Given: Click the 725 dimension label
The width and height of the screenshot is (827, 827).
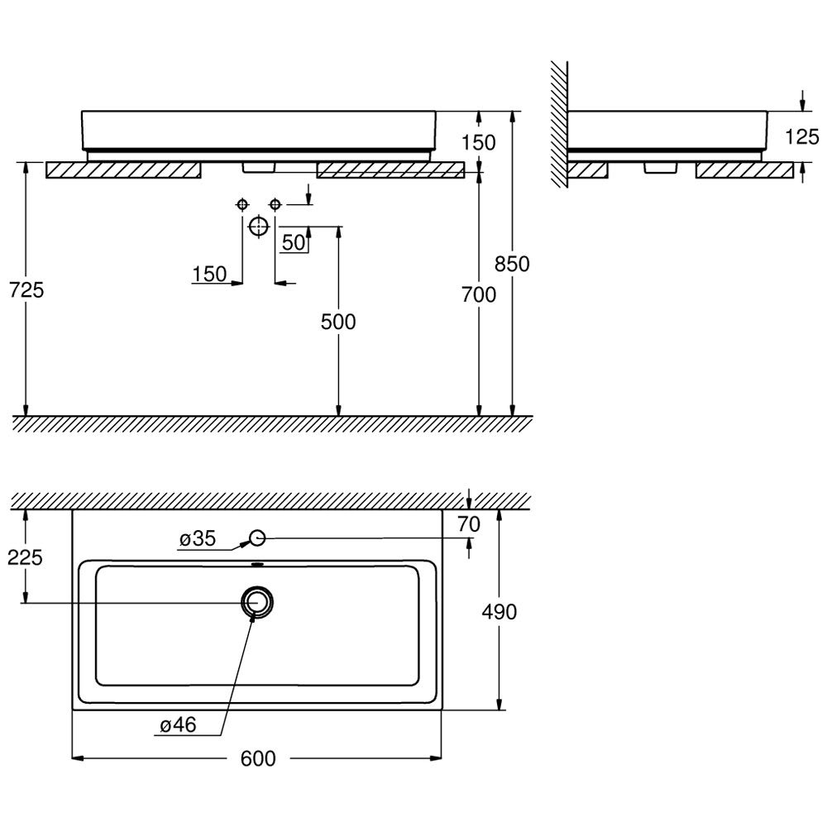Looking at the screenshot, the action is point(26,290).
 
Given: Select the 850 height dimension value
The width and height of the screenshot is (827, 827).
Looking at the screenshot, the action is point(512,264).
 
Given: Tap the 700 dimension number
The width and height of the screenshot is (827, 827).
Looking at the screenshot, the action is point(479,295).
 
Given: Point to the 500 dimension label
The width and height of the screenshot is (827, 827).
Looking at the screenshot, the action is point(338,322).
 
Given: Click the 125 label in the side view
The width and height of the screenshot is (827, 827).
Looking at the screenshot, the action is point(801,137).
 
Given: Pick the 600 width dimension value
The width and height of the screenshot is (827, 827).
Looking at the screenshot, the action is point(258,758).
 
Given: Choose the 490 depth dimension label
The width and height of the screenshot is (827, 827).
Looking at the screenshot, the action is point(499,612).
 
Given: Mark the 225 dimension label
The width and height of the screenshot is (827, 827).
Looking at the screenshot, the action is point(25,557).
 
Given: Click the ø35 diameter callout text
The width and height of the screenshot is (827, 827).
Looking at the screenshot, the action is point(198,538).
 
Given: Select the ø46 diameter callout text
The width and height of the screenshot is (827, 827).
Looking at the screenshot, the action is point(179,725).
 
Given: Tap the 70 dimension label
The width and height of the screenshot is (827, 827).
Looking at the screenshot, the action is point(469,524).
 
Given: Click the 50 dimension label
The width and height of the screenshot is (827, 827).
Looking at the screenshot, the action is point(294,242).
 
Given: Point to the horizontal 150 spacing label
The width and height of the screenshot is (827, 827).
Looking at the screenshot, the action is point(209,275).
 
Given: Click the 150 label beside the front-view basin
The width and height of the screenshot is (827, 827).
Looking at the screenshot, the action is point(478,142).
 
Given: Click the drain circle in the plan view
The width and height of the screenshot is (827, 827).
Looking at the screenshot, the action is point(258,602).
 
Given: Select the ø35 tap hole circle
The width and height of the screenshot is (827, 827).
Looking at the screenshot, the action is point(257,538).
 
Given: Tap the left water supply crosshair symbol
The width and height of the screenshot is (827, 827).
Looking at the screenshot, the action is point(242,204).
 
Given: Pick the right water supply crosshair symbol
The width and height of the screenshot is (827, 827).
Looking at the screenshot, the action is point(275,204).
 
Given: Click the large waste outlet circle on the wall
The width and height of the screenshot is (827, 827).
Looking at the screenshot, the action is point(258,227).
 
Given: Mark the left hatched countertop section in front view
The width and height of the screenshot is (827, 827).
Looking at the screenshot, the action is point(123,170).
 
